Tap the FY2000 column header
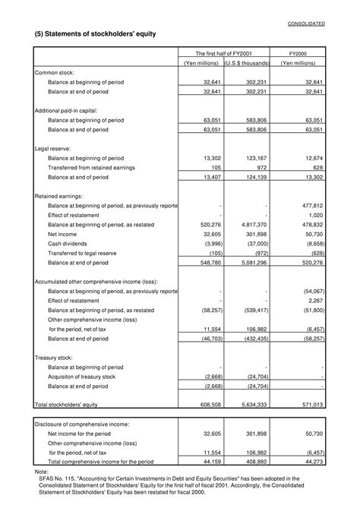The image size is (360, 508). pyautogui.click(x=301, y=54)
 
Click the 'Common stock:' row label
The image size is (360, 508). pyautogui.click(x=55, y=72)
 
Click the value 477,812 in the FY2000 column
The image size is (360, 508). pyautogui.click(x=313, y=205)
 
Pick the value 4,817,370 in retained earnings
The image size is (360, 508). pyautogui.click(x=252, y=225)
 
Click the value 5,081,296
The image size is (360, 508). pyautogui.click(x=252, y=263)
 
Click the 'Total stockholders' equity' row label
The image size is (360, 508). pyautogui.click(x=67, y=405)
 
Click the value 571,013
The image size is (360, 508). pyautogui.click(x=313, y=405)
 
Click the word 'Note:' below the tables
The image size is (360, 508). pyautogui.click(x=41, y=471)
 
